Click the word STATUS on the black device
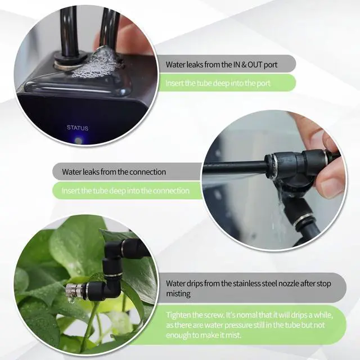[x=77, y=128]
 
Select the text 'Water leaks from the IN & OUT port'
[x=222, y=64]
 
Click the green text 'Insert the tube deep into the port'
[x=218, y=83]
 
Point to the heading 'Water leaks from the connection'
[x=114, y=172]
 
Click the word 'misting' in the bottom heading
[x=179, y=293]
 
